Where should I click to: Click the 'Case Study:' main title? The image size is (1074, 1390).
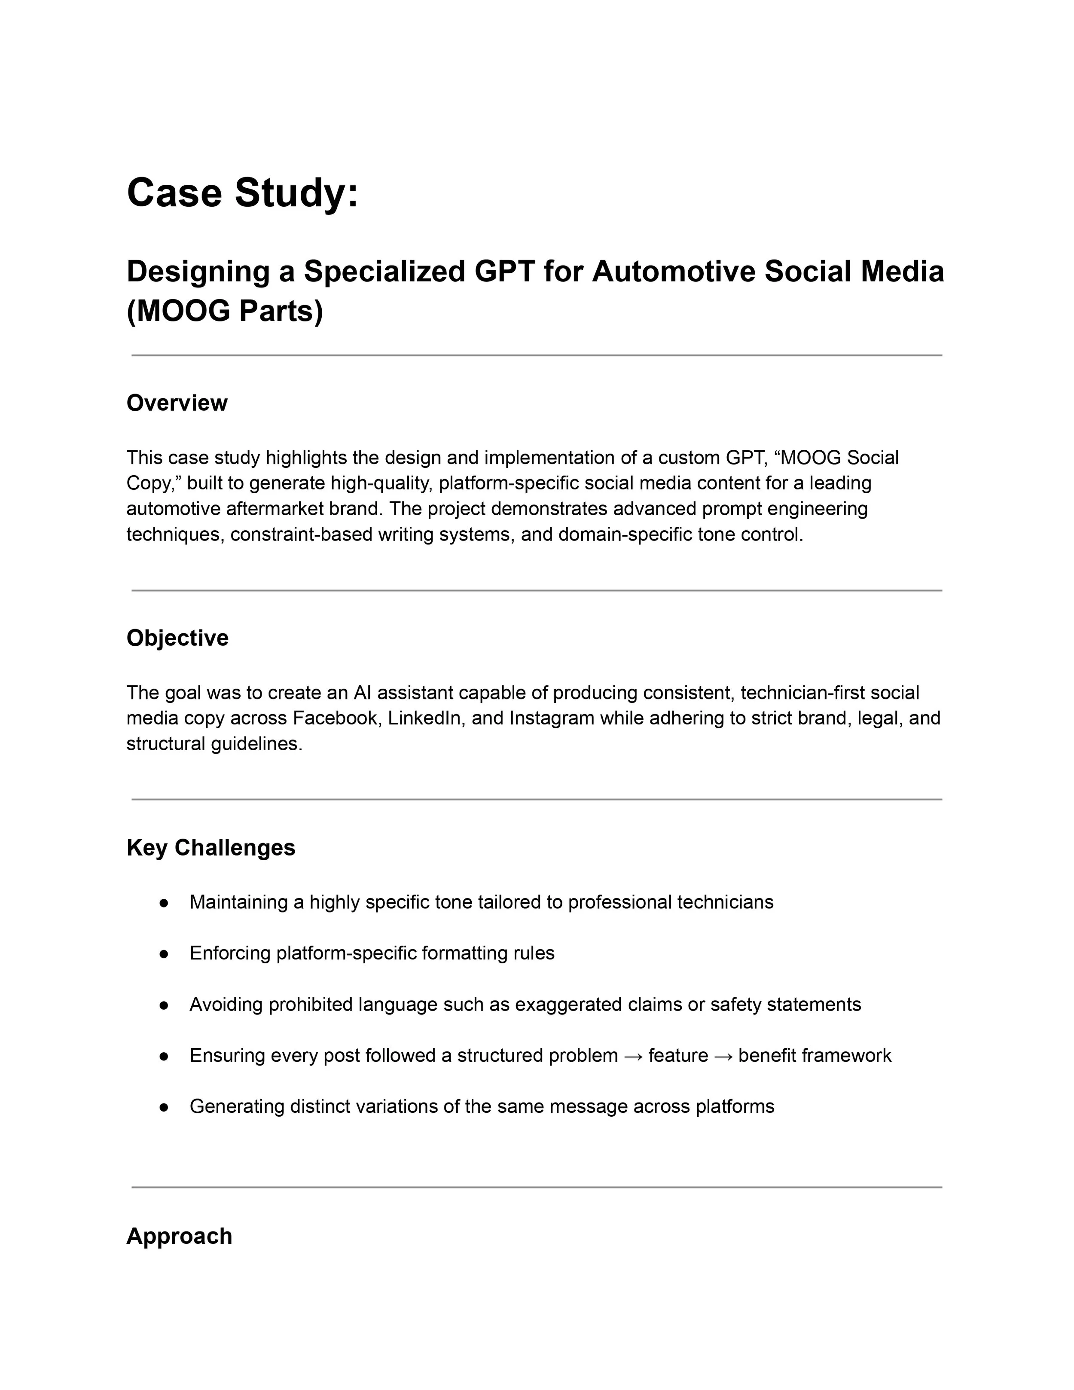pos(242,193)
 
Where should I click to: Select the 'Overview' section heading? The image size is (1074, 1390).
pos(177,403)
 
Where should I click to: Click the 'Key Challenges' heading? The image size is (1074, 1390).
pos(211,848)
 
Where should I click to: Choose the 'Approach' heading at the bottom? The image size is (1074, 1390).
pos(180,1236)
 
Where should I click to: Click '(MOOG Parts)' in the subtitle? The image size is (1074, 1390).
pos(225,311)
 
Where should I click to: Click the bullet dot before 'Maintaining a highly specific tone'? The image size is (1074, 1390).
pos(164,902)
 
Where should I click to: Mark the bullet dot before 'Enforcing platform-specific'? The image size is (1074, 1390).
pos(164,953)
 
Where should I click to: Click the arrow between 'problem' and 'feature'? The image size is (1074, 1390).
pos(633,1056)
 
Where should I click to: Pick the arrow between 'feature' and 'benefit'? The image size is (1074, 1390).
pos(723,1056)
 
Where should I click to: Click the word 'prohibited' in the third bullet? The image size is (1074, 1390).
pos(311,1004)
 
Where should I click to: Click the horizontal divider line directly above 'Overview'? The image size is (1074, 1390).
pos(537,356)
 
